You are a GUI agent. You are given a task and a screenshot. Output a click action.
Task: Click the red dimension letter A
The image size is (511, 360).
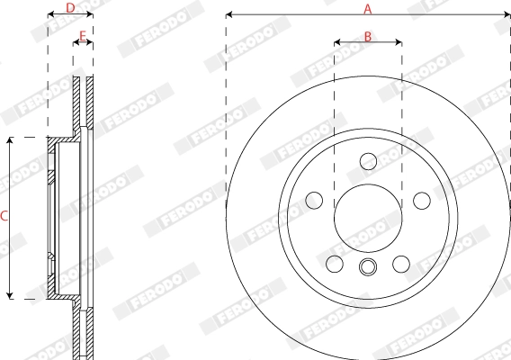coord(367,8)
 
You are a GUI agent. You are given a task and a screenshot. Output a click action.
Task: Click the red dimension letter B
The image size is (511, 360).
coord(368,36)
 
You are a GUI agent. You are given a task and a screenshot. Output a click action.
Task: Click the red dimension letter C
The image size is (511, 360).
coord(4,216)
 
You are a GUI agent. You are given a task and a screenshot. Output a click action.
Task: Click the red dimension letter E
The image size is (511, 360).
coord(83,36)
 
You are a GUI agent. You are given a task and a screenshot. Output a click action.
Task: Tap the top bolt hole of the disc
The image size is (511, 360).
coord(368,160)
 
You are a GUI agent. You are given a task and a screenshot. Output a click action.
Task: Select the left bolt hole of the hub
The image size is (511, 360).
coord(314,199)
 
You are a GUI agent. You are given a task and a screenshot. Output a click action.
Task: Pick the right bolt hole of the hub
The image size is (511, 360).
coord(421,199)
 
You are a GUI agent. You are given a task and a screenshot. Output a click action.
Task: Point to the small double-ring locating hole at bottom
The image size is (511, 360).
coord(368,266)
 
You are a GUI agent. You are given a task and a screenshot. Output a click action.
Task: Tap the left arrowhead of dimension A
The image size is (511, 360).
coord(229,14)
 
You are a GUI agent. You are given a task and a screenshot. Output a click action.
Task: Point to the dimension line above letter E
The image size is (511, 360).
coord(83,43)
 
